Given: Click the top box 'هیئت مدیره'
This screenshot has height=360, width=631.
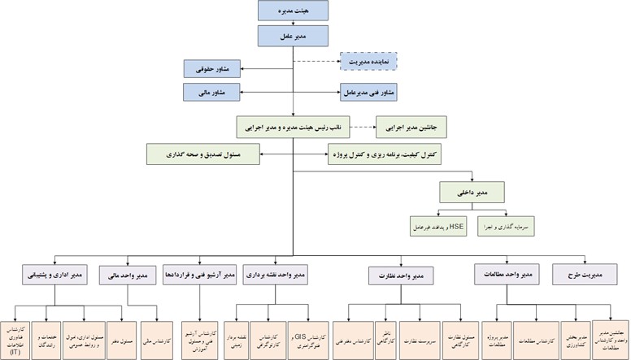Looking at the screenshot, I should (x=293, y=10).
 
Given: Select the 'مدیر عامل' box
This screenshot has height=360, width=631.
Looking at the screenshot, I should (x=293, y=36).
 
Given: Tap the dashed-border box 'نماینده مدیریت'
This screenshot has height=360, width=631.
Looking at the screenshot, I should (x=365, y=61).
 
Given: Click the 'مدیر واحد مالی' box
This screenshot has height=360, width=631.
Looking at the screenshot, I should (x=128, y=276).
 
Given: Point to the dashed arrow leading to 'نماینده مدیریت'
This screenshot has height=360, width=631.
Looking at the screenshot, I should (x=315, y=61).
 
